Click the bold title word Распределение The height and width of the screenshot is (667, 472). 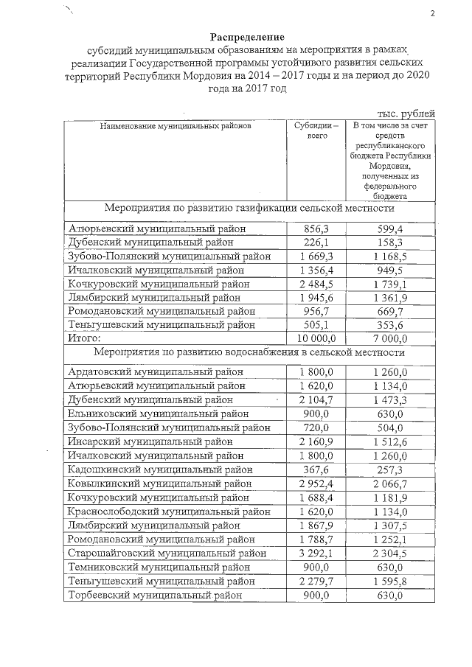pyautogui.click(x=247, y=37)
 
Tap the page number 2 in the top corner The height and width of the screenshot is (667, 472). pyautogui.click(x=433, y=13)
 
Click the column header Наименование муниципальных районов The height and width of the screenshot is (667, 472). pyautogui.click(x=176, y=126)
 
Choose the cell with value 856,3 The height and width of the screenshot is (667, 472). pyautogui.click(x=317, y=229)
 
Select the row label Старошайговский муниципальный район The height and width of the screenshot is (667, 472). pyautogui.click(x=167, y=553)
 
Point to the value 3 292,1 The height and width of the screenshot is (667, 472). pyautogui.click(x=317, y=553)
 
